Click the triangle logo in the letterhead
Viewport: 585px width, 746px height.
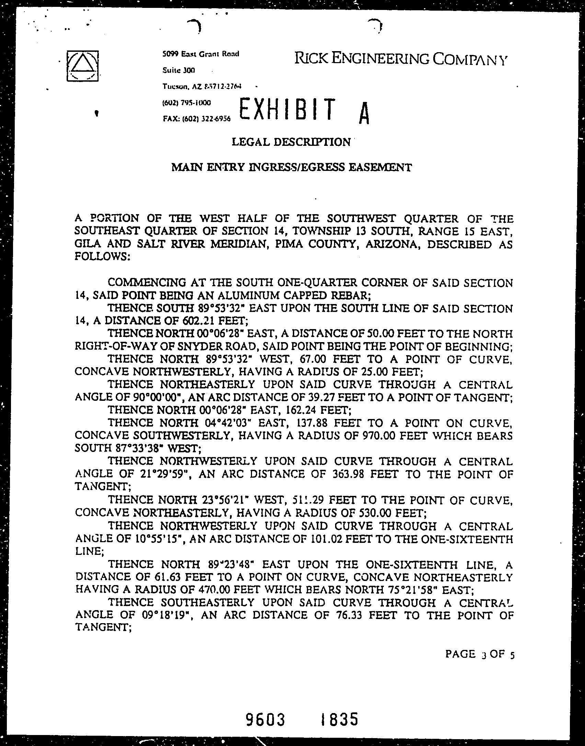83,66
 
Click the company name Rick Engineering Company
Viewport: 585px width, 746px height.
400,59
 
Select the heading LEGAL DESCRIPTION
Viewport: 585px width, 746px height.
291,142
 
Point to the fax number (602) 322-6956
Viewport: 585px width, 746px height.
197,119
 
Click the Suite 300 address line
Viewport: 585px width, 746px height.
179,70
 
